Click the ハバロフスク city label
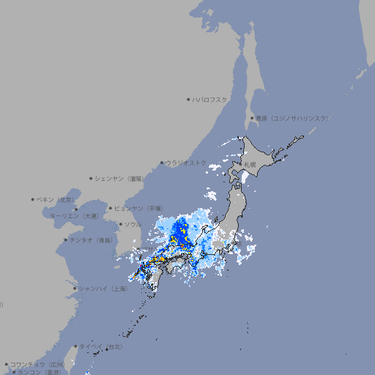210,99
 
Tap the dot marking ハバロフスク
188,99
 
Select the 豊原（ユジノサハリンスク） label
292,118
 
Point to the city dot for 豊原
251,118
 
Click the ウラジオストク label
186,163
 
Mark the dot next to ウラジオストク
162,163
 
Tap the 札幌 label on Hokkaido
250,164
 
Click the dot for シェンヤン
91,178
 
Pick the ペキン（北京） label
57,199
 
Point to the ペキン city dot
33,199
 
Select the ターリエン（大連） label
74,216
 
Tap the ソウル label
133,224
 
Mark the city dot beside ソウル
120,224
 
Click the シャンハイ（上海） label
103,289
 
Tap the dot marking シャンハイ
75,289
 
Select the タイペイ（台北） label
101,346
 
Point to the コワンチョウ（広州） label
37,364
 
